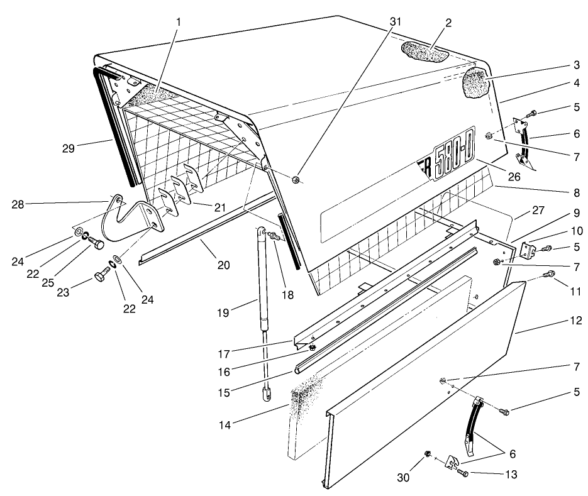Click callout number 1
click(179, 21)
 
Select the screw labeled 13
click(463, 472)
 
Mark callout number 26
click(514, 177)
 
